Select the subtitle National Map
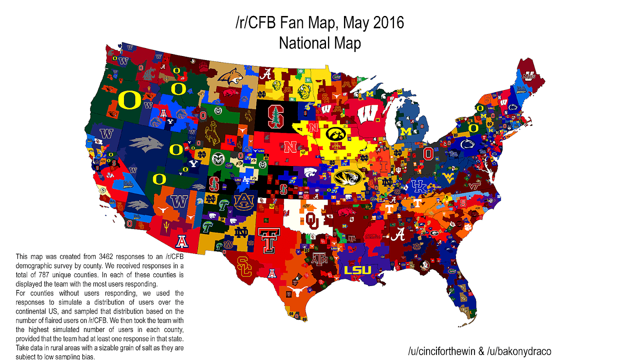click(x=320, y=43)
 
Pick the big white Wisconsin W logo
click(x=368, y=114)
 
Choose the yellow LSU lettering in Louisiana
click(x=358, y=270)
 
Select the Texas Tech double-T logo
click(x=269, y=240)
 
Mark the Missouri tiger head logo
click(x=348, y=177)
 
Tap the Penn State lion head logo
click(x=467, y=144)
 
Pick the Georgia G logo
click(x=434, y=233)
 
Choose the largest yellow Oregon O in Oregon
click(x=130, y=100)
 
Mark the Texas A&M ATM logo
click(x=320, y=260)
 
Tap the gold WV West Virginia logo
click(x=448, y=178)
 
